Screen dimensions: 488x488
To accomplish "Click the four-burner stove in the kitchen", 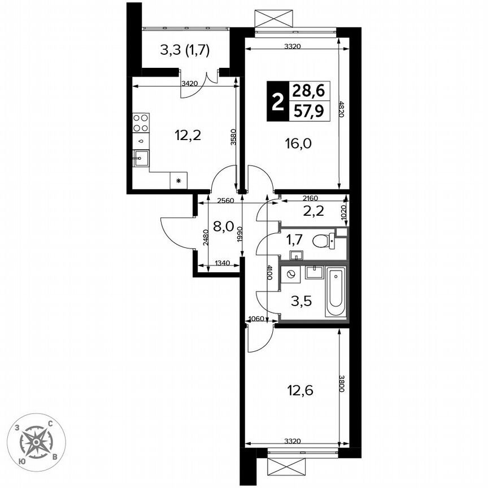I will pos(141,123).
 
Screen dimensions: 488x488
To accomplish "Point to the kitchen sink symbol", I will pos(141,158).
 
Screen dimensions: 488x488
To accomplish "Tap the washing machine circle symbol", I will pos(292,275).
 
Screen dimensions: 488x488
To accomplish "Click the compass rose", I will pos(38,442).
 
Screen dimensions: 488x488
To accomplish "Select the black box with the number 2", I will pos(277,102).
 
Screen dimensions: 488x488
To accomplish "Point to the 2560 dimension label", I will pos(224,200).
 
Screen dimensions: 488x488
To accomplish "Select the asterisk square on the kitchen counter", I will pos(178,181).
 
